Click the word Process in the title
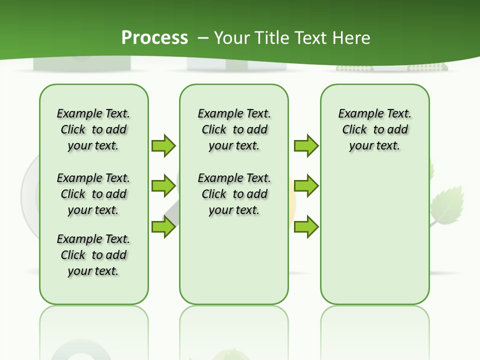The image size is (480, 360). point(154,37)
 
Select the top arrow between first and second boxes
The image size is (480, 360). point(163,145)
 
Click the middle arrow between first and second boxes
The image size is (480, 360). point(163,186)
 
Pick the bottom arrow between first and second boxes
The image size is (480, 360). point(163,226)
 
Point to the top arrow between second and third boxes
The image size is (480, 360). point(306,145)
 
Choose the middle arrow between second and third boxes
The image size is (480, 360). point(306,186)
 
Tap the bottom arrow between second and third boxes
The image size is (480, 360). point(306,226)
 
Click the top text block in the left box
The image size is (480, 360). point(93,129)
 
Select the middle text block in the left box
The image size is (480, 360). point(93,194)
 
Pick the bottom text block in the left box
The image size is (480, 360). point(93,255)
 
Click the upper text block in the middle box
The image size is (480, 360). point(234,129)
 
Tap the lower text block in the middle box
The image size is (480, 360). point(234,194)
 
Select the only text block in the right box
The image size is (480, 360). point(374,129)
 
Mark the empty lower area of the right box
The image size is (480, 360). point(374,235)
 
